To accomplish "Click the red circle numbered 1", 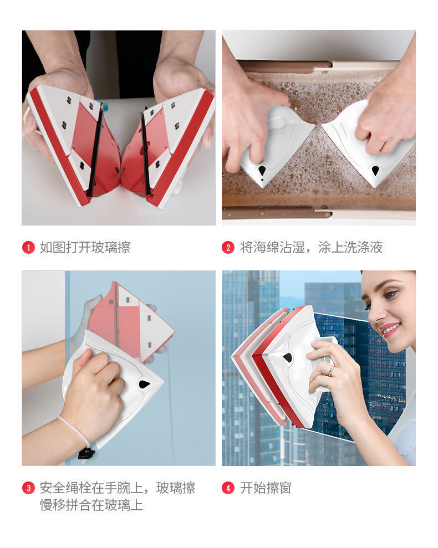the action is pyautogui.click(x=28, y=248).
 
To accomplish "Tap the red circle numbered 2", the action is pyautogui.click(x=228, y=248).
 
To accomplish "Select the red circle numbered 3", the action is pyautogui.click(x=28, y=488).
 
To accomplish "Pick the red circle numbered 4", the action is pyautogui.click(x=228, y=488).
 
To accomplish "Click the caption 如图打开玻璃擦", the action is pyautogui.click(x=85, y=248).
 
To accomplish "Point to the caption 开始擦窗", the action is pyautogui.click(x=266, y=488).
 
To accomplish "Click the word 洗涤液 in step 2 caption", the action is pyautogui.click(x=363, y=248).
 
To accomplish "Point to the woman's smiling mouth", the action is pyautogui.click(x=388, y=329).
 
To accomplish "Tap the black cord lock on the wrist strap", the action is pyautogui.click(x=86, y=453).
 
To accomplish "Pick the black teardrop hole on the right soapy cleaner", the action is pyautogui.click(x=375, y=171).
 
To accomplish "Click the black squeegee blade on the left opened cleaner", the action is pyautogui.click(x=94, y=150).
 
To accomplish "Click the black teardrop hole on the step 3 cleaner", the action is pyautogui.click(x=145, y=384).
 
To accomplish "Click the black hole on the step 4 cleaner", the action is pyautogui.click(x=288, y=357).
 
